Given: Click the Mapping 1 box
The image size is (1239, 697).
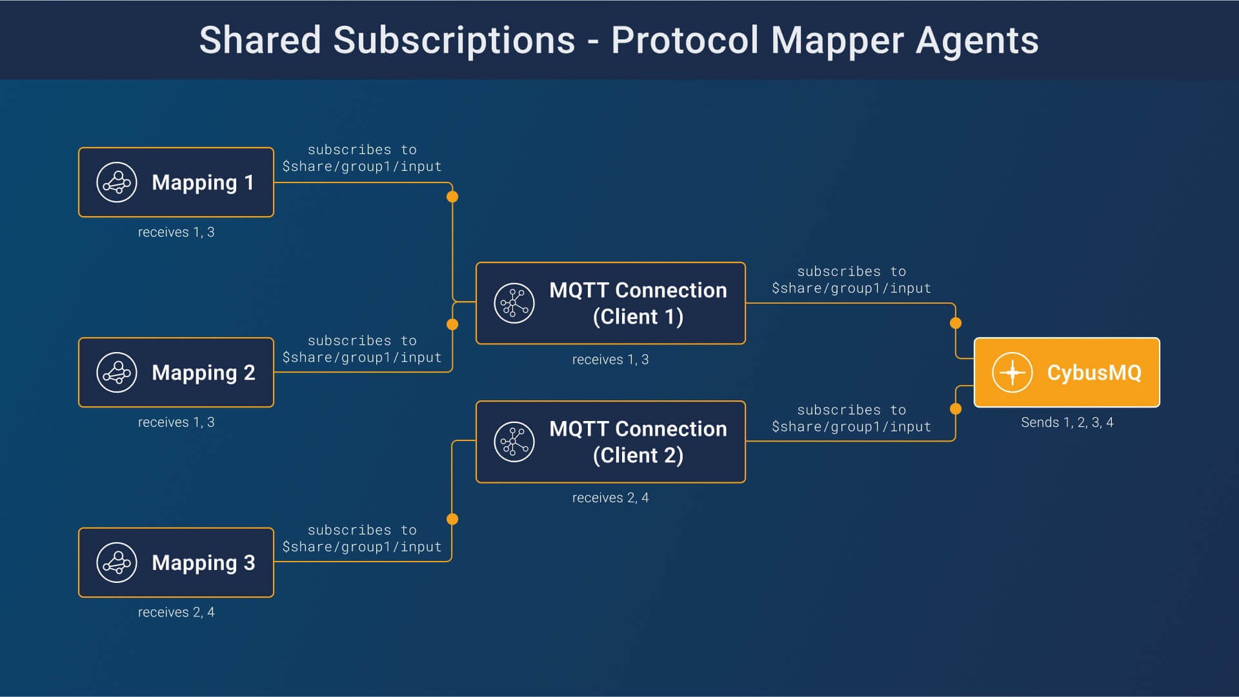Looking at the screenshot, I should (176, 182).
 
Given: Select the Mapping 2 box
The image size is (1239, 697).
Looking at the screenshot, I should (176, 373).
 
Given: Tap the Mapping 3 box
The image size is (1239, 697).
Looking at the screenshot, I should (176, 563).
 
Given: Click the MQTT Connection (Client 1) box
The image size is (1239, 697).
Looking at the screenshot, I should (610, 303).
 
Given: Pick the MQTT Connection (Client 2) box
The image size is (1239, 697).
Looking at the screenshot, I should (610, 442).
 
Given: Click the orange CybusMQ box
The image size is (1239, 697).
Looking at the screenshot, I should (1067, 373).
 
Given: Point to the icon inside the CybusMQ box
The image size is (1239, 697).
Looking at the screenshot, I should (1012, 373).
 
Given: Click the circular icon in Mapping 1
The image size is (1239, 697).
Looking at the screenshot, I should (117, 182).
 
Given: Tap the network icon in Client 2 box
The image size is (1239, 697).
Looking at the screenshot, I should (514, 442).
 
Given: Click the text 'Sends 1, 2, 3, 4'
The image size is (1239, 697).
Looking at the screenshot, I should (1067, 422).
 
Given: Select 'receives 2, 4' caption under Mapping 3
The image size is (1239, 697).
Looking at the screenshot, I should (176, 612).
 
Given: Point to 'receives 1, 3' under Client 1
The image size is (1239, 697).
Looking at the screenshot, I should (610, 360).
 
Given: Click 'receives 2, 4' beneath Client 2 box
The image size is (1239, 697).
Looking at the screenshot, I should (610, 498).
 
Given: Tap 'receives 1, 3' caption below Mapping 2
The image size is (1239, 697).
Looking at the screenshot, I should (176, 422).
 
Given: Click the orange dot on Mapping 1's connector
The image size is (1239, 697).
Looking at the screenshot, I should (452, 197).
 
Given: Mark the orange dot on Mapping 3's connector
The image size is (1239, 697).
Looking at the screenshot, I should (452, 519).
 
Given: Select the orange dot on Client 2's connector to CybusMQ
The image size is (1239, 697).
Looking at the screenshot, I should (956, 409).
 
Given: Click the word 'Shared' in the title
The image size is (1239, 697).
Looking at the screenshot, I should (260, 40).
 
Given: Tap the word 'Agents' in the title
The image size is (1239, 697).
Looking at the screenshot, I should (977, 40).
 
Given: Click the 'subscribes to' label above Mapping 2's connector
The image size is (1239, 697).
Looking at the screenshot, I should (362, 340).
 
